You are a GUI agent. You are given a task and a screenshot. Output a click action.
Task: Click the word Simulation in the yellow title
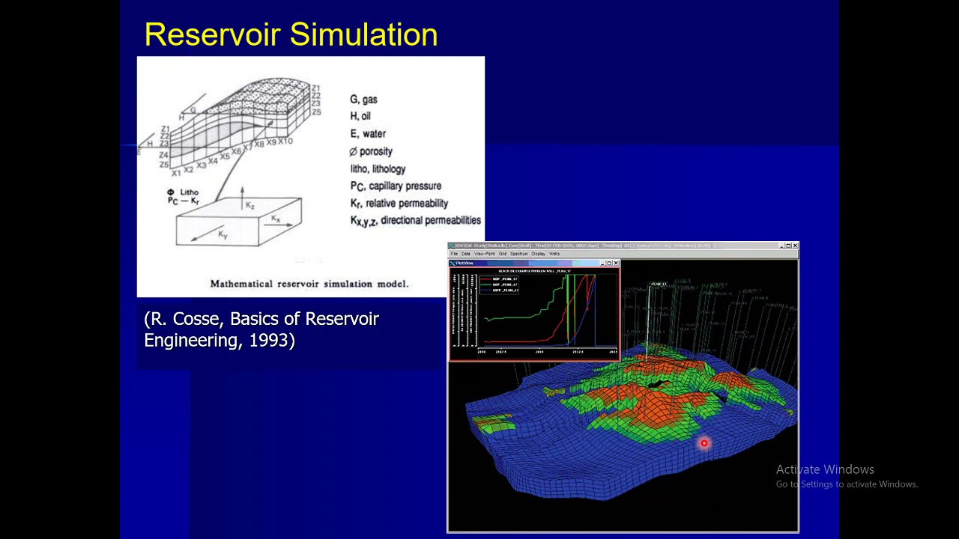coord(363,35)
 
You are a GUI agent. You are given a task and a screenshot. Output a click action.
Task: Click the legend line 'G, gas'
coord(363,99)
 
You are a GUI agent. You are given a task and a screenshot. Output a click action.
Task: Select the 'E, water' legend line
coord(368,133)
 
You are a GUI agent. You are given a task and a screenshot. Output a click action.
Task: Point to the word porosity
coord(376,151)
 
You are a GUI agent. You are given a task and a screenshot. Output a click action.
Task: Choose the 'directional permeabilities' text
coord(430,220)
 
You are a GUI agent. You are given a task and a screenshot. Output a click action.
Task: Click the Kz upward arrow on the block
coord(243,199)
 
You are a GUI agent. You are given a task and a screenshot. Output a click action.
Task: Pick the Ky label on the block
coord(223,235)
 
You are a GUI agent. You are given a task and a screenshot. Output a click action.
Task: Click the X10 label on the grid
coord(285,141)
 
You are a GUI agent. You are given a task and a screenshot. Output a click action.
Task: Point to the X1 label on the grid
coord(176,173)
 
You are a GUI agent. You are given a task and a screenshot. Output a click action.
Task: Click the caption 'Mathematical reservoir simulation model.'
coord(309,284)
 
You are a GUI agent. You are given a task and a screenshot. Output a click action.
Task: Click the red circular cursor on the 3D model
coord(704,443)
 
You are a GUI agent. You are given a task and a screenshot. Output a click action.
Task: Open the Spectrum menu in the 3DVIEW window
coord(519,254)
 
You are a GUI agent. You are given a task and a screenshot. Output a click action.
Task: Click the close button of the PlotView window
coord(616,264)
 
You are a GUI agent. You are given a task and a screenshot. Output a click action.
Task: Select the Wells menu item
coord(554,254)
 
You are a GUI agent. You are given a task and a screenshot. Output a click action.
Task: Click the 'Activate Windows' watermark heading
coord(824,469)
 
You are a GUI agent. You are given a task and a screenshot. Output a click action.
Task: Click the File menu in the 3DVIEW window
coord(454,254)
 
